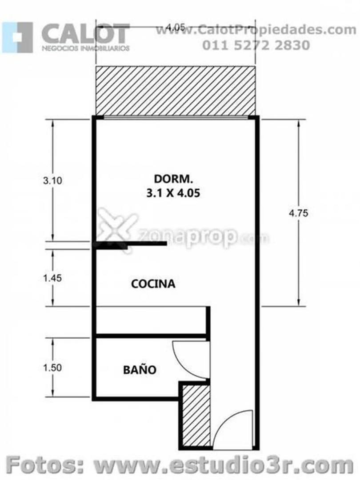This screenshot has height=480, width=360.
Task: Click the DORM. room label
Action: [x=173, y=179]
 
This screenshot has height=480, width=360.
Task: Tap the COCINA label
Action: [x=153, y=284]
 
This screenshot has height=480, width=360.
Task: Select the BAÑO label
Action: [x=140, y=369]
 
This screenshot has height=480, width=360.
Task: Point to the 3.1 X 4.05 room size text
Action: [x=173, y=193]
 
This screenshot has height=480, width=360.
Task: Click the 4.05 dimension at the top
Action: [x=176, y=27]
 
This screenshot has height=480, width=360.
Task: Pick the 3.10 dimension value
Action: [x=52, y=180]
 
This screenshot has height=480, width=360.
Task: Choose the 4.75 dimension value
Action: [x=299, y=213]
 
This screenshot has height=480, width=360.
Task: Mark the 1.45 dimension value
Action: [x=52, y=278]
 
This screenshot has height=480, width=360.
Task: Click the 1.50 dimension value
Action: [x=52, y=368]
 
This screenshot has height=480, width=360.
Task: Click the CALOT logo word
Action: [x=85, y=34]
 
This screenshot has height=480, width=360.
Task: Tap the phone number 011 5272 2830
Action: [x=256, y=45]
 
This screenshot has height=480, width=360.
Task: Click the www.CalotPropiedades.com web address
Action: [x=256, y=30]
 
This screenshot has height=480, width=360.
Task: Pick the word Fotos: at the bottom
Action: [x=45, y=465]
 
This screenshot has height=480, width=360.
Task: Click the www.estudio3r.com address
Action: [x=224, y=465]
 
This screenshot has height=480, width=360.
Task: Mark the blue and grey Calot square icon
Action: [x=17, y=37]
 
